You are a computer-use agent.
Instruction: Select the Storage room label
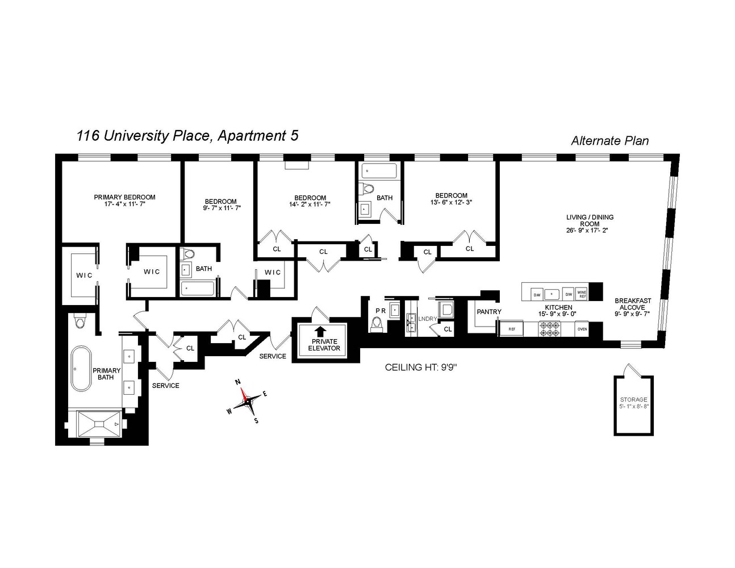[633, 403]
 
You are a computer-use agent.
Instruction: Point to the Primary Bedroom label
[124, 197]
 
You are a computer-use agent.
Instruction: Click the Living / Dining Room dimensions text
[590, 231]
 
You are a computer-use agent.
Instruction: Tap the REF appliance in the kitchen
[511, 329]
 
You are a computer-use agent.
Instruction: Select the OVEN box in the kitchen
[582, 329]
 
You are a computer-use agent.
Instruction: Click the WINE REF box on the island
[582, 294]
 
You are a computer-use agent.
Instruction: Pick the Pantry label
[488, 312]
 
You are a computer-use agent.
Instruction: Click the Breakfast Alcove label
[633, 304]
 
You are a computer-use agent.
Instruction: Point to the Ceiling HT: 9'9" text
[421, 367]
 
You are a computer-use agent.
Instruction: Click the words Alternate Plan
[609, 141]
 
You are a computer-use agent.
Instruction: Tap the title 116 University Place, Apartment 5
[187, 136]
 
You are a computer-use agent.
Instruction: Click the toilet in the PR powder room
[376, 324]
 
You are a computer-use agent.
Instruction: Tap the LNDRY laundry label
[427, 319]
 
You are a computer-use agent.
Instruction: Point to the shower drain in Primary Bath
[100, 424]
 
